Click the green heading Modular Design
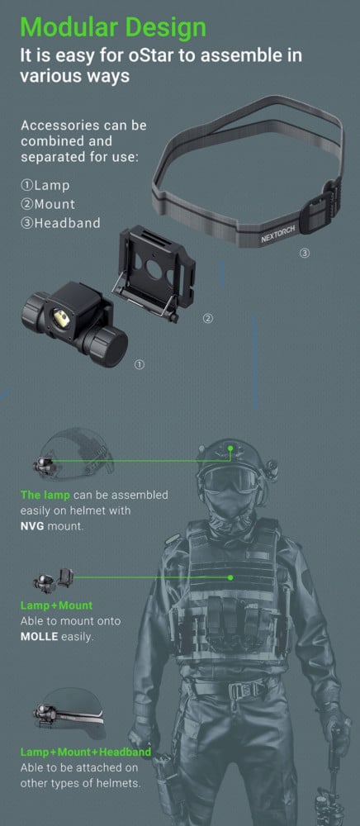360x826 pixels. [113, 27]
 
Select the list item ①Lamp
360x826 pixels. [45, 185]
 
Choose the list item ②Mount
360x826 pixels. [48, 204]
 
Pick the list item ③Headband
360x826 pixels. [60, 223]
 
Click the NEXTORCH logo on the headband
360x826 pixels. [278, 232]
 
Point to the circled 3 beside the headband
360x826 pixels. [304, 254]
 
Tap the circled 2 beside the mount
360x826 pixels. [208, 319]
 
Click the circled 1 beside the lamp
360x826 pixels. [140, 364]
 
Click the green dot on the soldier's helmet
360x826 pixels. [230, 448]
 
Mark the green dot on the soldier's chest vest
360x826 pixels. [230, 577]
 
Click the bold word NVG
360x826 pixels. [33, 525]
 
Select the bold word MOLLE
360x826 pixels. [40, 636]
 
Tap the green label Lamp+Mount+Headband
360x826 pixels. [85, 752]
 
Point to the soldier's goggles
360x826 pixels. [231, 479]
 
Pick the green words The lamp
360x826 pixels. [45, 495]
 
